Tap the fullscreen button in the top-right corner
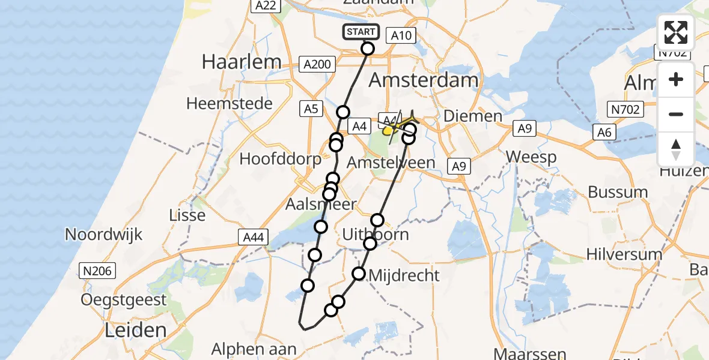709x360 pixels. tap(676, 32)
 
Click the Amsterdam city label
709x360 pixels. tap(424, 80)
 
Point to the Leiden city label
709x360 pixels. tap(135, 329)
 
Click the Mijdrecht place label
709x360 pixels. tap(404, 275)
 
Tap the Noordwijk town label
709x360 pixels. tap(103, 234)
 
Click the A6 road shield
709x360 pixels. tap(605, 133)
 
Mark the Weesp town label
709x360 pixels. tap(531, 157)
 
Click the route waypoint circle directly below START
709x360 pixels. tap(368, 49)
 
